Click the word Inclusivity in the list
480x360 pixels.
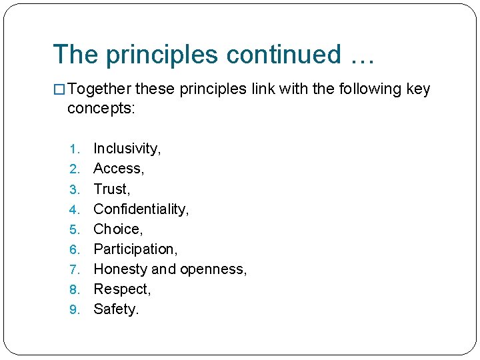(x=126, y=149)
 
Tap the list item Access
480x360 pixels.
(x=118, y=169)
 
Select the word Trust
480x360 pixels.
(x=111, y=189)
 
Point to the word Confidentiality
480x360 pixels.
(x=140, y=209)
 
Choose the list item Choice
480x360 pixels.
(x=117, y=229)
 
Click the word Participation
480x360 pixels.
(x=135, y=249)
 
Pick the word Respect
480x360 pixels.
(x=121, y=289)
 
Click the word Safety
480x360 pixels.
(x=115, y=309)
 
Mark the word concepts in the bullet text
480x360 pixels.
(x=100, y=108)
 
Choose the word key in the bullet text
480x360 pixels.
(x=418, y=89)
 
